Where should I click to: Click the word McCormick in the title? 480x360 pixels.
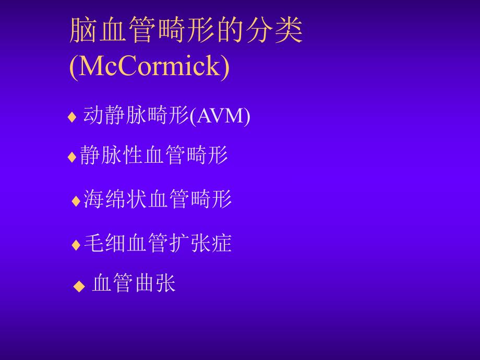149,67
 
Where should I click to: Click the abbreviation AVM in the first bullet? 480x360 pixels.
219,116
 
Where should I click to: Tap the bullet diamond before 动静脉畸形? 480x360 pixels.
72,117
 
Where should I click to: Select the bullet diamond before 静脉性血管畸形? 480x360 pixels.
72,157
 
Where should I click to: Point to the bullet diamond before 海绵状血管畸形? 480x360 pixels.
76,200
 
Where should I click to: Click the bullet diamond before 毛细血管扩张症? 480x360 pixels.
76,244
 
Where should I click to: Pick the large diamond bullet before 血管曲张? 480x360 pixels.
79,286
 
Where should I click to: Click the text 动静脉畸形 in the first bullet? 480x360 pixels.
136,116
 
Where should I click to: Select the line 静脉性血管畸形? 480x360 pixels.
154,155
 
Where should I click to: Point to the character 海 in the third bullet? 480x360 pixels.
94,199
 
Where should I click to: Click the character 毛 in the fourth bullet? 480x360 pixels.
94,243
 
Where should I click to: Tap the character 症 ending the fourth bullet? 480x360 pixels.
222,243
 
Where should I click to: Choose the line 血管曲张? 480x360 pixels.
134,283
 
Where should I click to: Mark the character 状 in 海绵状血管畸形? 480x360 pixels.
137,199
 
